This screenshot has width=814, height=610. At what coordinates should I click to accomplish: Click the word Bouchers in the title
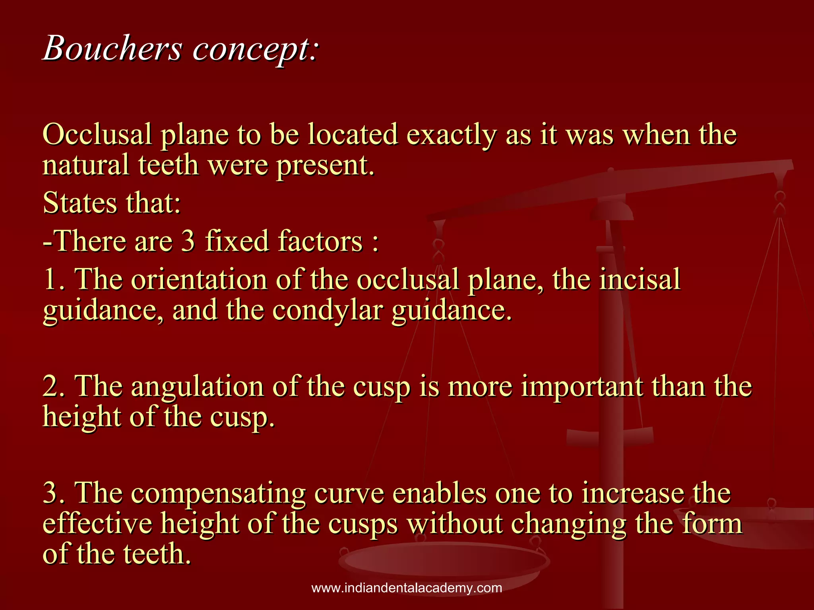coord(112,48)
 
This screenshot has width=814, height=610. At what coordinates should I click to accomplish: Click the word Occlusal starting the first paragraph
coord(97,134)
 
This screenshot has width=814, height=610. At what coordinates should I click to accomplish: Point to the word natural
coord(86,164)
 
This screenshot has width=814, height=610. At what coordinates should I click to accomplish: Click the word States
coord(79,203)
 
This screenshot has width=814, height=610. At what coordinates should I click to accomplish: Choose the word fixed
coord(237,241)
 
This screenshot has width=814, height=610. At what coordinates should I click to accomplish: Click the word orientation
coord(199,279)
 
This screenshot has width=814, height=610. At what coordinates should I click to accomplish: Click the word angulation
coord(197,386)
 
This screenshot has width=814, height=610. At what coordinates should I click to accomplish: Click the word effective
coord(97,523)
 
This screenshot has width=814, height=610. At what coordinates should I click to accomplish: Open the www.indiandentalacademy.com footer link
coord(407,588)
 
